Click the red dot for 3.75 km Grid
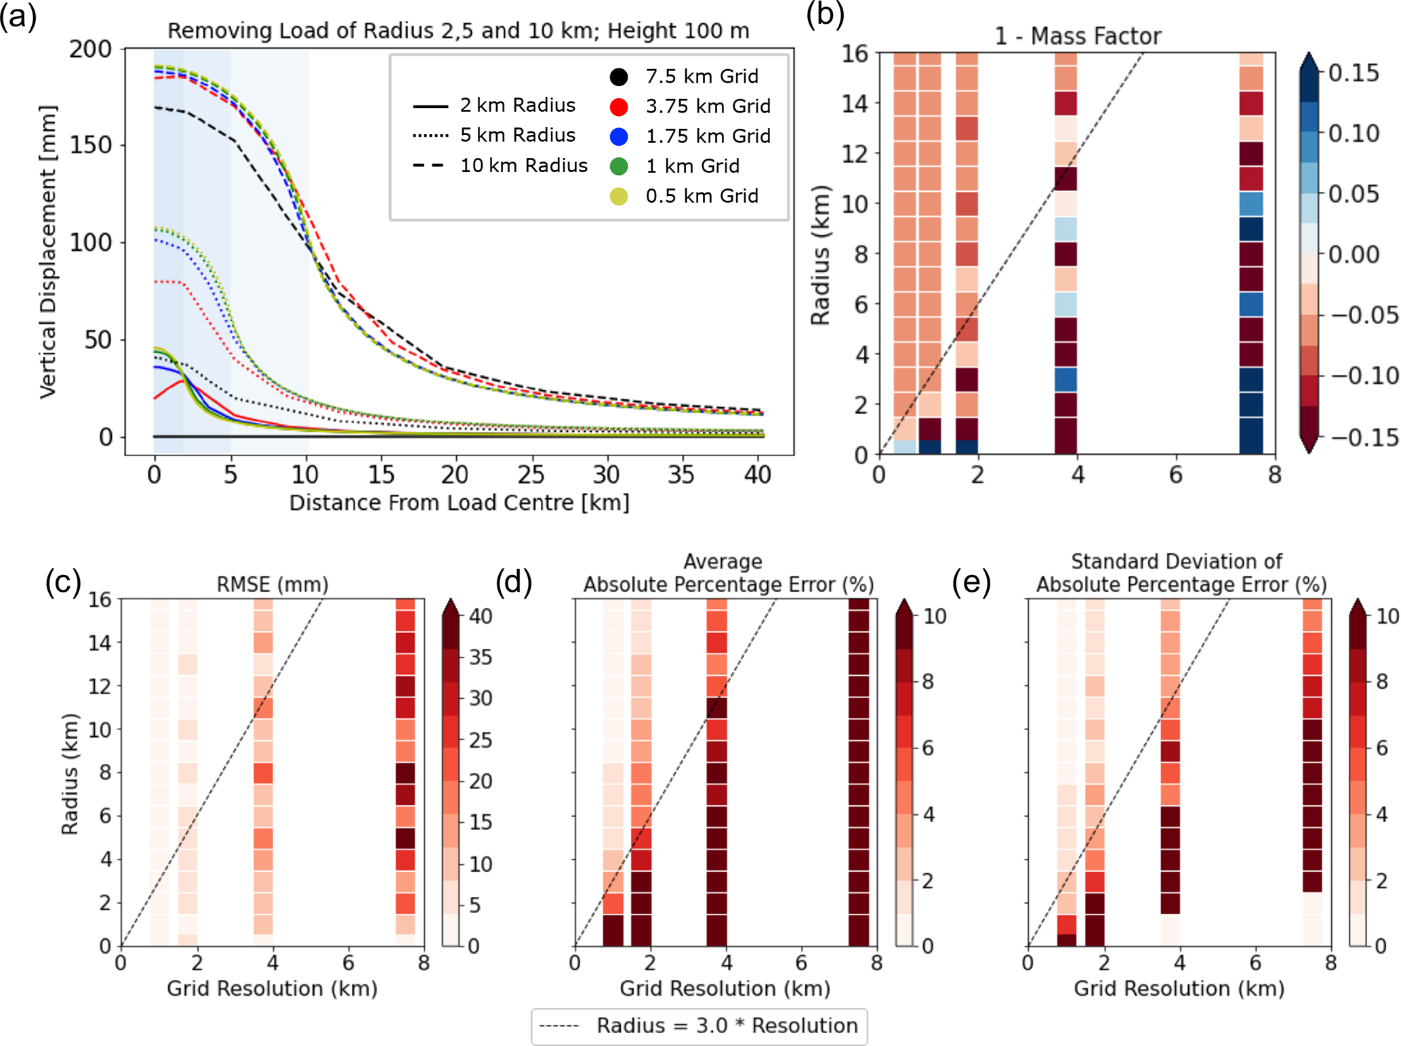pos(619,106)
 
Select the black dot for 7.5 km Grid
pos(619,77)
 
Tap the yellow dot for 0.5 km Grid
pos(619,196)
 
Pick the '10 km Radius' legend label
pos(523,165)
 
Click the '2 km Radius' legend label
pos(517,105)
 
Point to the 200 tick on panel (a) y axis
pos(91,49)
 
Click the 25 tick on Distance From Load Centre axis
pos(531,475)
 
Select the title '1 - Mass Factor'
pos(1077,36)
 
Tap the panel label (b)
pos(825,15)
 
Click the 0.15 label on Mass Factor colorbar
pos(1353,73)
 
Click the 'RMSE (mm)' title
pos(272,584)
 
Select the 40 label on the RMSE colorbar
pos(480,616)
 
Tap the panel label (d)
pos(513,582)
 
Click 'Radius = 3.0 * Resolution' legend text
pos(727,1026)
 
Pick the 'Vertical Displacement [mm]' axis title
pos(47,252)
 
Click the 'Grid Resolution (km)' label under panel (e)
pos(1179,988)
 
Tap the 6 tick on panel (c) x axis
pos(348,963)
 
